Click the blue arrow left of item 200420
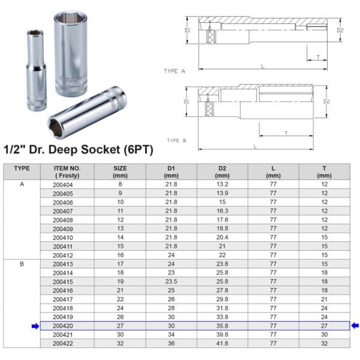[x=35, y=326]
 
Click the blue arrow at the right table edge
[x=355, y=326]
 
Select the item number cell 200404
[x=62, y=185]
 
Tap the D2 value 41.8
[x=222, y=343]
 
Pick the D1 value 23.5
[x=171, y=281]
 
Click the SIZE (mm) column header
[x=120, y=172]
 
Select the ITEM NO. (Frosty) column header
[x=67, y=172]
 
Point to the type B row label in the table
[x=22, y=264]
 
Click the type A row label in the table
[x=22, y=184]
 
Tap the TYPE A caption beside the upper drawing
[x=175, y=71]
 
